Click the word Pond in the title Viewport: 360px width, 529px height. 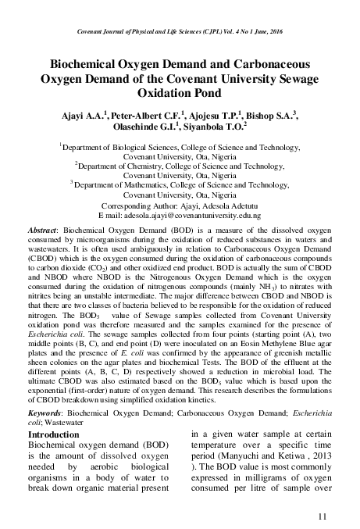(219, 93)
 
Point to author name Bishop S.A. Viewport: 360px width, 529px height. (276, 116)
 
